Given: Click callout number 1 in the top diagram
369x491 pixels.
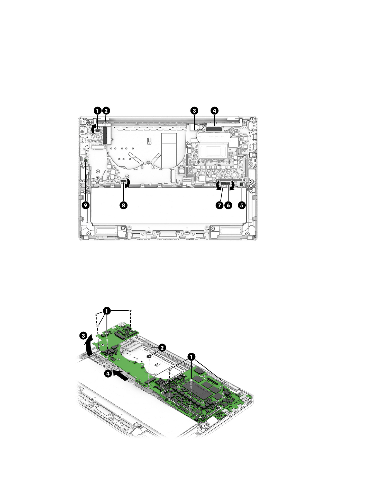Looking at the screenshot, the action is click(x=97, y=111).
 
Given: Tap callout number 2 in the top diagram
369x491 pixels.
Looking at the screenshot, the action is click(x=106, y=111).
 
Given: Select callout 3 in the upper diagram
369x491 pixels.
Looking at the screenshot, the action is click(x=194, y=111).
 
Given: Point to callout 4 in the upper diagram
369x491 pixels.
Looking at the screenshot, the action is click(x=214, y=111).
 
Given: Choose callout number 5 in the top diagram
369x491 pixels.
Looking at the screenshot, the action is click(x=242, y=205).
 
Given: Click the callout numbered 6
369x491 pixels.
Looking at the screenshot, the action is click(x=228, y=205).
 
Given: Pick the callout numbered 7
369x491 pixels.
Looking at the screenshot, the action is click(x=219, y=205).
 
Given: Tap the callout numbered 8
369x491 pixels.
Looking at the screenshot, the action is click(x=123, y=205).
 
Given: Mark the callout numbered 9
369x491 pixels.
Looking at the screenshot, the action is click(x=86, y=205).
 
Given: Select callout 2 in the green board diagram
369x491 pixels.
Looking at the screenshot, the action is click(x=162, y=348).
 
